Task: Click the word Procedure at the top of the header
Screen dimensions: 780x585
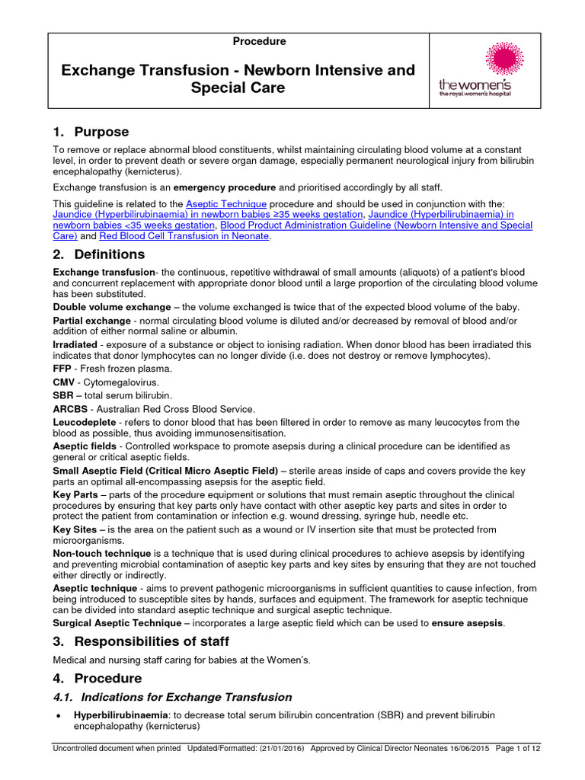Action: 260,42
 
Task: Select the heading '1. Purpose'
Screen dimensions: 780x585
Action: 91,132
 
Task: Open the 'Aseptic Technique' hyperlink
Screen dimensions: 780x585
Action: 226,204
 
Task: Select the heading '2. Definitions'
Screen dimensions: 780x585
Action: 98,254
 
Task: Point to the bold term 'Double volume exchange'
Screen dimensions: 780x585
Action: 112,307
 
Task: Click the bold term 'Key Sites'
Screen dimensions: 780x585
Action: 75,529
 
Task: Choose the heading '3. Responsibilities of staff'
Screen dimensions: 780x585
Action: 141,641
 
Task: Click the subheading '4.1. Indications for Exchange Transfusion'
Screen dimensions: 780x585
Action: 173,696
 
